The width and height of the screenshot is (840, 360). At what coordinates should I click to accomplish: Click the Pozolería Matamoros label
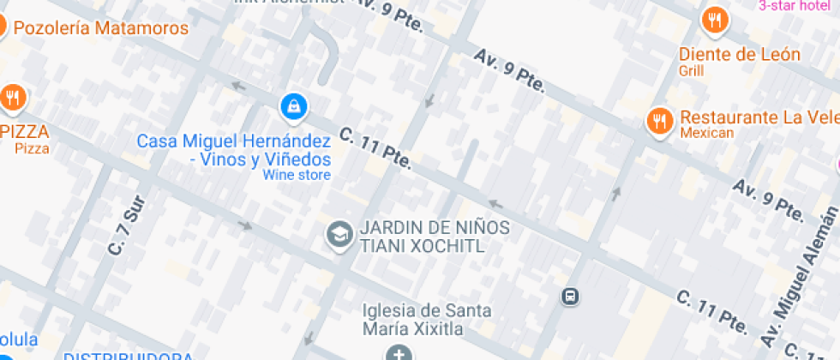[x=101, y=27]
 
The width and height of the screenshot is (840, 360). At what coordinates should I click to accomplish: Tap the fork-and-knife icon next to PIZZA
[x=12, y=98]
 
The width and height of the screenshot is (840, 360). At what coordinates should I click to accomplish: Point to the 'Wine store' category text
[x=297, y=176]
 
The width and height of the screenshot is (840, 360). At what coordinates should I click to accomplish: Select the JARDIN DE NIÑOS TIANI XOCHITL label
[x=435, y=237]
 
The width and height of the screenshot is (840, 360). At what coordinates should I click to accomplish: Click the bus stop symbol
[x=570, y=297]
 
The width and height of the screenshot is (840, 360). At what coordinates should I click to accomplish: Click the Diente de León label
[x=740, y=55]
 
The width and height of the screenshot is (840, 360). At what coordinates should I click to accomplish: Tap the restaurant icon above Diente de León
[x=714, y=19]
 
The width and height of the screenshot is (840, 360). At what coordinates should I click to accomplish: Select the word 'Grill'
[x=691, y=71]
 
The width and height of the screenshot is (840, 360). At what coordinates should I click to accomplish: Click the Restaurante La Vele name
[x=759, y=117]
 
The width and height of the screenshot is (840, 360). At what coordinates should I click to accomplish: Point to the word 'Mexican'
[x=707, y=133]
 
